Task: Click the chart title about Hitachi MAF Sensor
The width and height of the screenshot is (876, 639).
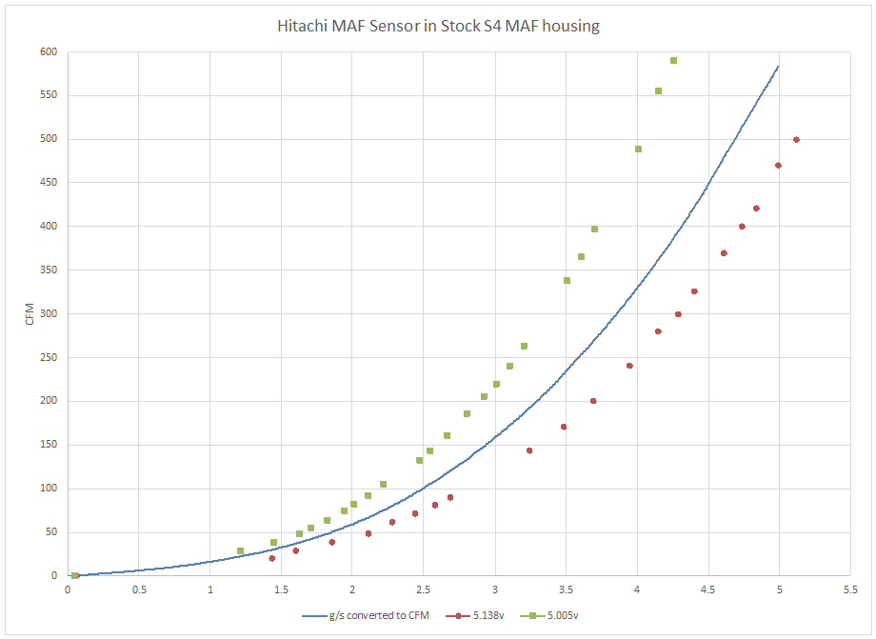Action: [x=437, y=26]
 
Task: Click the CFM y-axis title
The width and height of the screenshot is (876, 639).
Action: [x=30, y=313]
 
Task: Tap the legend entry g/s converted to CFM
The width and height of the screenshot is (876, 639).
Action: [x=357, y=615]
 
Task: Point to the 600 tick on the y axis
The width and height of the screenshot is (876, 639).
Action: [x=48, y=51]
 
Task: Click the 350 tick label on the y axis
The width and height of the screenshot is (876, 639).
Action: [x=48, y=270]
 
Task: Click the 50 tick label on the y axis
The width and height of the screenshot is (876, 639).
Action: [x=50, y=531]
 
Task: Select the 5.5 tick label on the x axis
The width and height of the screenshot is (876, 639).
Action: [x=850, y=589]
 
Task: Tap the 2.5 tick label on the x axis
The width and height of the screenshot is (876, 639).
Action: [x=423, y=589]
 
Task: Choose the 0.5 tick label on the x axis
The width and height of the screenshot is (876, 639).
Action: [x=139, y=589]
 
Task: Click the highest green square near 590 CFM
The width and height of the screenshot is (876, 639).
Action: [x=673, y=60]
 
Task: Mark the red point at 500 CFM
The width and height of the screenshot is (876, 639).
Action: [x=796, y=139]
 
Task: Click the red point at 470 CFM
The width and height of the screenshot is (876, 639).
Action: [x=778, y=165]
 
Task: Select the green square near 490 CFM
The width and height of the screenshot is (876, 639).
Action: [x=638, y=149]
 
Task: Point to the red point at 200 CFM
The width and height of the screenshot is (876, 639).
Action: [x=593, y=401]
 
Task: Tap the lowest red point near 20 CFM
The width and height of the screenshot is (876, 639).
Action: [x=271, y=558]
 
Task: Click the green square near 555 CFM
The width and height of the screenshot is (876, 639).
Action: [x=658, y=90]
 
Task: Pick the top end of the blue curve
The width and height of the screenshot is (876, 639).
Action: [x=779, y=66]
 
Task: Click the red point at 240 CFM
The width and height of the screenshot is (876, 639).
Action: [x=629, y=366]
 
